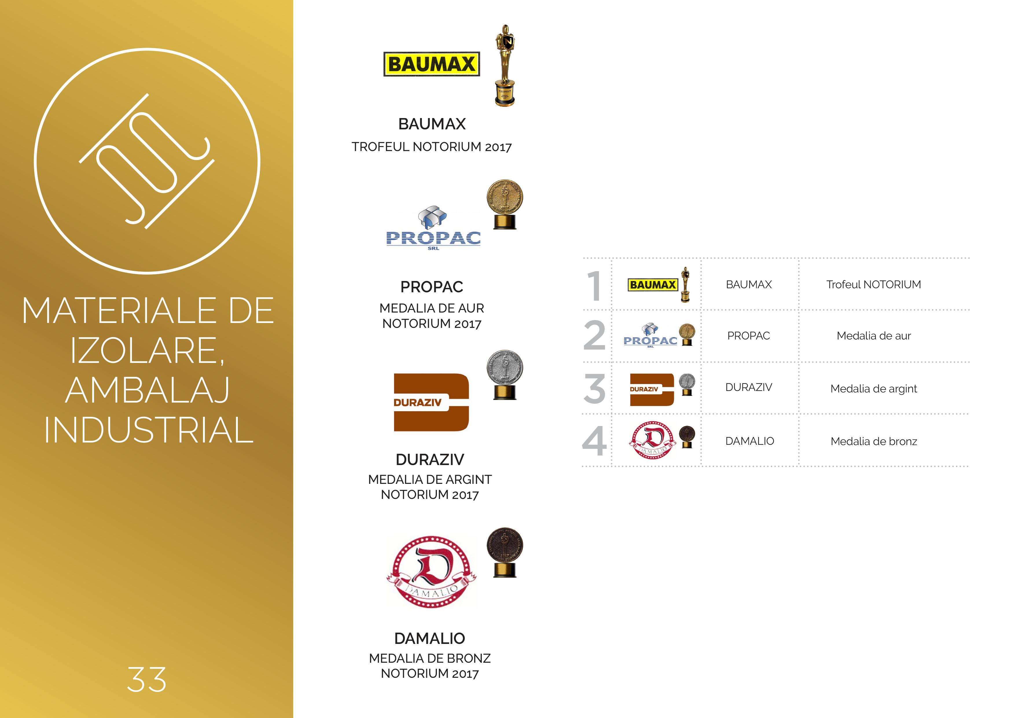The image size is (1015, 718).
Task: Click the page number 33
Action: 146,679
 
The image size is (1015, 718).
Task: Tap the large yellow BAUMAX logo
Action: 431,64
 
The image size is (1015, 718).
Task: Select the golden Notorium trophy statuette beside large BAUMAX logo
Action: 505,65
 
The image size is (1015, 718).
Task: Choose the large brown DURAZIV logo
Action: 431,402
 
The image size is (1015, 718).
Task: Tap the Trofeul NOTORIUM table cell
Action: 874,284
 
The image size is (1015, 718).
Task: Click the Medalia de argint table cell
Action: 874,389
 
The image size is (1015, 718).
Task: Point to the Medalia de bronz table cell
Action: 874,441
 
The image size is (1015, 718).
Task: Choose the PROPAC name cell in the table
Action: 749,336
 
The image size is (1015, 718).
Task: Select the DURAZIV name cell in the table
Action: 749,387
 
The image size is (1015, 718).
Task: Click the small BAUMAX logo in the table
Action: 652,285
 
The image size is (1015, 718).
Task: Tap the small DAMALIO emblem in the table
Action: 652,440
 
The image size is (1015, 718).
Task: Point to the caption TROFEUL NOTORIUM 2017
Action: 431,147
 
